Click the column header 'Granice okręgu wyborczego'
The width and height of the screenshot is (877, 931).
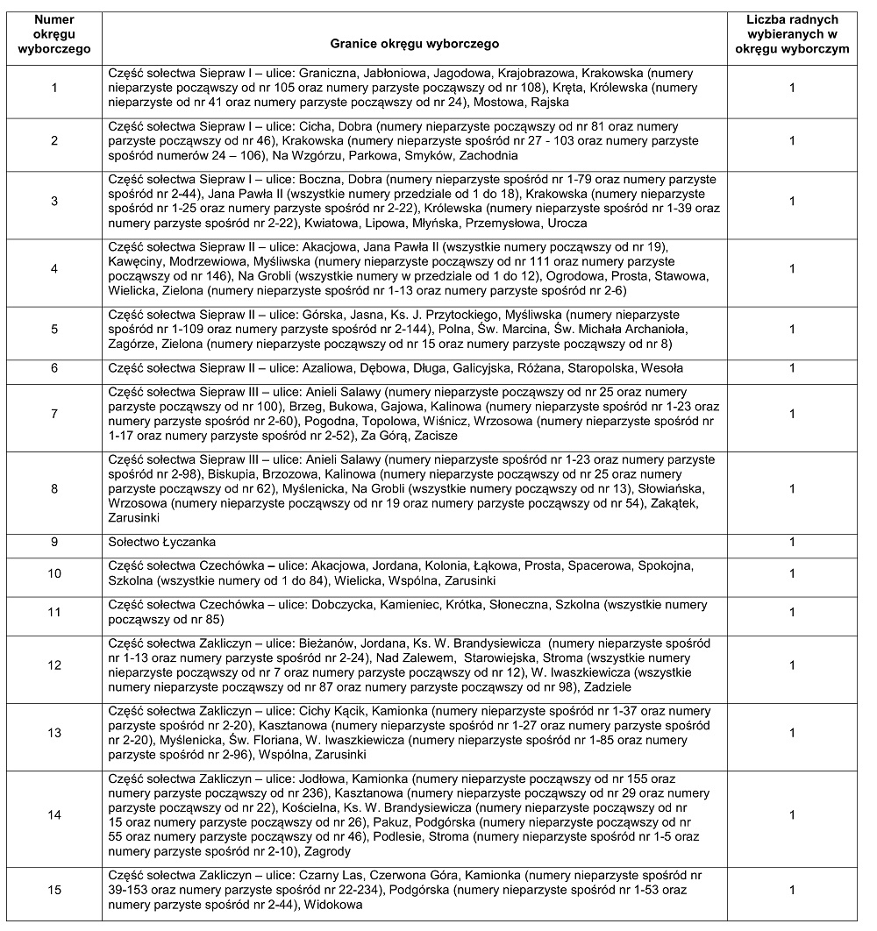click(414, 42)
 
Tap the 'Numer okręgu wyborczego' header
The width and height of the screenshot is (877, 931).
click(54, 34)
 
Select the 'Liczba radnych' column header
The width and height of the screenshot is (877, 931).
click(792, 34)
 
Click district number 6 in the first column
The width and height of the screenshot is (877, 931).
click(54, 369)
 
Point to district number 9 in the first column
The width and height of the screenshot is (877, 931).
click(54, 542)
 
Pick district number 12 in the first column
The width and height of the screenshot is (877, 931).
click(54, 665)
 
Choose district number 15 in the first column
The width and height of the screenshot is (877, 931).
click(54, 890)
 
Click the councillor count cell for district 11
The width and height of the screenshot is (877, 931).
click(792, 612)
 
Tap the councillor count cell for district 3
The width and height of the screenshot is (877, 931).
click(792, 202)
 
